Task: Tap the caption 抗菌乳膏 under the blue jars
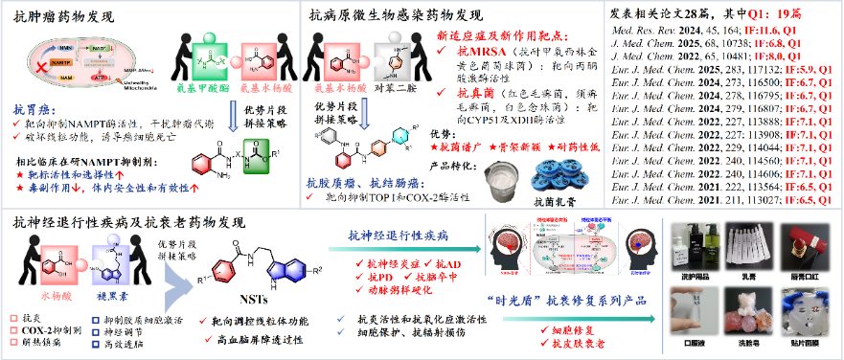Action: click(x=549, y=203)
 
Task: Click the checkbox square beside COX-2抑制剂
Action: click(x=12, y=327)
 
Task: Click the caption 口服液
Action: click(x=692, y=339)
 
